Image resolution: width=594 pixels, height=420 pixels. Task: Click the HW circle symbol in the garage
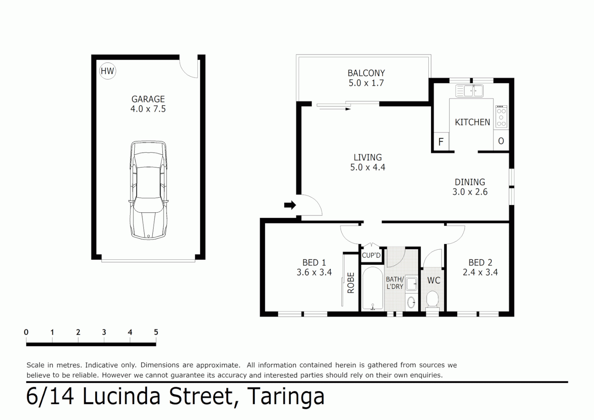pyautogui.click(x=107, y=71)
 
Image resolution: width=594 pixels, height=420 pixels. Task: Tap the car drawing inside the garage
pyautogui.click(x=148, y=190)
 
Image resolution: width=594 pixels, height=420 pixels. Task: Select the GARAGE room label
pyautogui.click(x=148, y=99)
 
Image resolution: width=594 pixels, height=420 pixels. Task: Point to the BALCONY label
pyautogui.click(x=366, y=73)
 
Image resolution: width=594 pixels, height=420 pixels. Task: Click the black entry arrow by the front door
pyautogui.click(x=290, y=205)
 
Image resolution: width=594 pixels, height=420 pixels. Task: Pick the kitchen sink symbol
pyautogui.click(x=469, y=91)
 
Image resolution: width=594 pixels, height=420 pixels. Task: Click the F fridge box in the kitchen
pyautogui.click(x=441, y=142)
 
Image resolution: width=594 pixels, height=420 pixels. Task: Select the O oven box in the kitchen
pyautogui.click(x=501, y=141)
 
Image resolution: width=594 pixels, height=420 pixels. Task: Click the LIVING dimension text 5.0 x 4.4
pyautogui.click(x=367, y=168)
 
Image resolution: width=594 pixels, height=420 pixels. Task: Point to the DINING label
pyautogui.click(x=470, y=182)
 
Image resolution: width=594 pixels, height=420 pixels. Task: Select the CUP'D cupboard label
pyautogui.click(x=371, y=255)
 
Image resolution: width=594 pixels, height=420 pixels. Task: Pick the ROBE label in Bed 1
pyautogui.click(x=351, y=283)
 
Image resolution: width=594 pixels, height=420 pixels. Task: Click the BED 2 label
pyautogui.click(x=480, y=263)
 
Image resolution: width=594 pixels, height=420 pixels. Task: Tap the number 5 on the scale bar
pyautogui.click(x=156, y=332)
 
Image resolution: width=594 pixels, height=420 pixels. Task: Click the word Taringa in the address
pyautogui.click(x=285, y=397)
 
